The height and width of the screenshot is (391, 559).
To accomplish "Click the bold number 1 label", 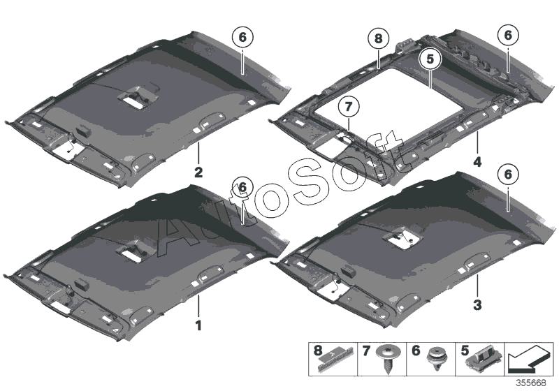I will [198, 325].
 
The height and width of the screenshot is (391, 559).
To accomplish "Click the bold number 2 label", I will [198, 170].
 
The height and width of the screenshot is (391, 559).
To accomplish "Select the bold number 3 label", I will [478, 304].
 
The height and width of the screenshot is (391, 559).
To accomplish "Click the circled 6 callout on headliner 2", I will [242, 38].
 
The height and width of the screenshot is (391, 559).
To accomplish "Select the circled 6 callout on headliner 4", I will [507, 34].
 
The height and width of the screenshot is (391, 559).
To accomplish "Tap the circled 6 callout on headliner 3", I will [507, 175].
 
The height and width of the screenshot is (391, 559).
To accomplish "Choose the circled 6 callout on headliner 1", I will [242, 187].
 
